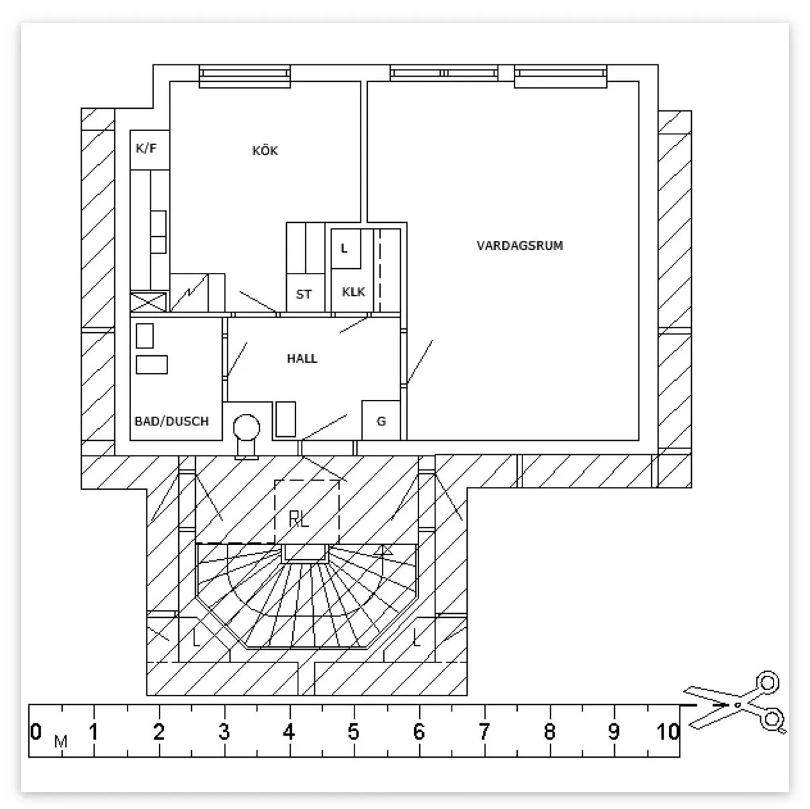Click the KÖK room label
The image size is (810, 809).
coord(265,150)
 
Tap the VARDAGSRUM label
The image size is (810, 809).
coord(520,245)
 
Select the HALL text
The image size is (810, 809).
coord(302,359)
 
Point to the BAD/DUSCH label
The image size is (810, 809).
coord(171,421)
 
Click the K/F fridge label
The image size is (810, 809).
coord(146,148)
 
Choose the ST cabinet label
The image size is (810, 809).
coord(304,294)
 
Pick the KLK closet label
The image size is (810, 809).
coord(353,292)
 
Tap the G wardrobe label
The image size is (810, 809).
coord(381,421)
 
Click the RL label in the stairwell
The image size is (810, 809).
coord(299,519)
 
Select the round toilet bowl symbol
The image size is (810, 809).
coord(246,427)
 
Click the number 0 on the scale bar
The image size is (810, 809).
coord(36,731)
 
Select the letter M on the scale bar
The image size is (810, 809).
coord(61,741)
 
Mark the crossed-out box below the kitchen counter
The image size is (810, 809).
coord(148,303)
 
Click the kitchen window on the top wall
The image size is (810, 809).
coord(244,76)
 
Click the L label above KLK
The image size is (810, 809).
coord(344,249)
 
